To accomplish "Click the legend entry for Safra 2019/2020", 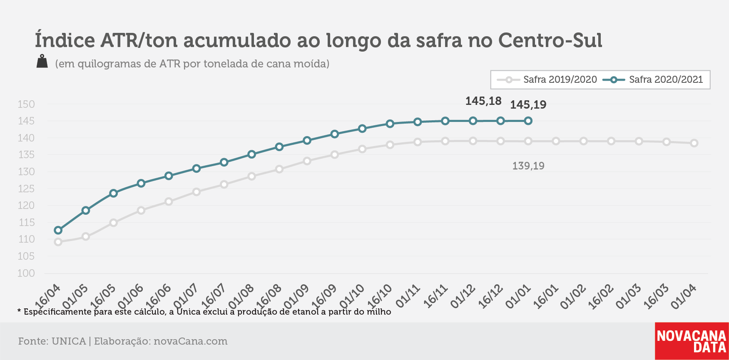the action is (547, 79).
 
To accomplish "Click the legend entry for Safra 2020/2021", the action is (653, 79).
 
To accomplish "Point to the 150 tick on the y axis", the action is (26, 104).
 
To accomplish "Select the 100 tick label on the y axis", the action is (26, 273).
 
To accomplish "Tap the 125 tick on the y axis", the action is (26, 189).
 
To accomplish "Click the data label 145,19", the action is (528, 105).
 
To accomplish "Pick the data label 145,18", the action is (483, 101).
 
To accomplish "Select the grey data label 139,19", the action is (528, 166).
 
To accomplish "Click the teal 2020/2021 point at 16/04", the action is (58, 230).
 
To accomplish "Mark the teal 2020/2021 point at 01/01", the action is (528, 121).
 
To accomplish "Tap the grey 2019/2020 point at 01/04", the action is (694, 143).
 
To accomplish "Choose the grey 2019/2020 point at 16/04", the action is (58, 242).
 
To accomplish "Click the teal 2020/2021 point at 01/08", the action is (251, 154).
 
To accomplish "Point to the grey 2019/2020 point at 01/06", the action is (141, 211).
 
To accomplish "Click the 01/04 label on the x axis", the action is (684, 296).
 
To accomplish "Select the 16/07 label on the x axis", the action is (213, 296).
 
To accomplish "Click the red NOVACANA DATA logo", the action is (692, 341).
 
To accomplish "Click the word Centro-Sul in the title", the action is (550, 40).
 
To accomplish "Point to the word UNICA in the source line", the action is (68, 341).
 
